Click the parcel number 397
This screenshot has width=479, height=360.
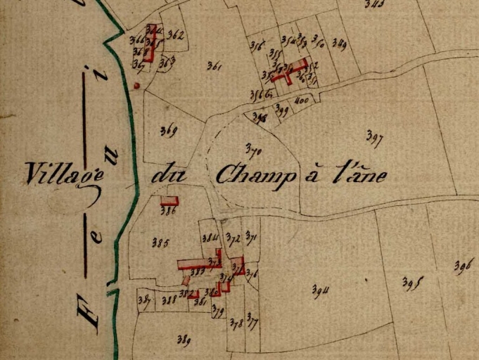click(x=374, y=139)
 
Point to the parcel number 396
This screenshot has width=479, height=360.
click(x=464, y=266)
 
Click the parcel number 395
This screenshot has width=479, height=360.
click(x=411, y=283)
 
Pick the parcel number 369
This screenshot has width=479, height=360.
click(x=168, y=130)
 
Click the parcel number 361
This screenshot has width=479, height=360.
click(x=215, y=67)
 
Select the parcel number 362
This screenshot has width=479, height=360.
click(x=176, y=35)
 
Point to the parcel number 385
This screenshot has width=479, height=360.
click(x=160, y=243)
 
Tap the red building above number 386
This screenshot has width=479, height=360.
click(x=170, y=200)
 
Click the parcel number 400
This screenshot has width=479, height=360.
click(x=302, y=101)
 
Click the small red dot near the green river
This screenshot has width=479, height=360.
click(x=136, y=86)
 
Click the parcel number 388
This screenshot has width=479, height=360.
click(x=168, y=300)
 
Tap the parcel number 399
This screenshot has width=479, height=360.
click(x=282, y=109)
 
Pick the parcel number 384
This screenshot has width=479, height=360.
click(x=210, y=239)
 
